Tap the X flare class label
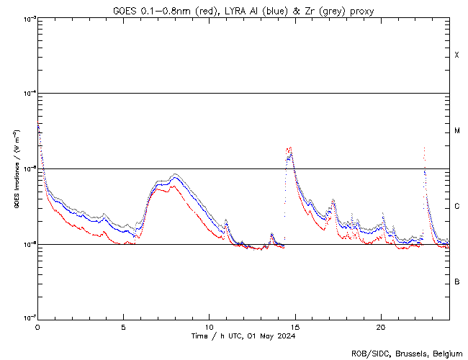456,55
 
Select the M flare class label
456,131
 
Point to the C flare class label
456,207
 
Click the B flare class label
456,282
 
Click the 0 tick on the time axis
37,327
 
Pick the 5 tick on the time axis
123,327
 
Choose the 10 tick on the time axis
209,327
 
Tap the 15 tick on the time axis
294,327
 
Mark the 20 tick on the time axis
380,327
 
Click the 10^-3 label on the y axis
27,18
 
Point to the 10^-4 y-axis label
27,93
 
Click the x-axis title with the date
243,336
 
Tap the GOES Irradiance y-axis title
16,168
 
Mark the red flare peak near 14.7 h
289,148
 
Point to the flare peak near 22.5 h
424,148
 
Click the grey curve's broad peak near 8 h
175,174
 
